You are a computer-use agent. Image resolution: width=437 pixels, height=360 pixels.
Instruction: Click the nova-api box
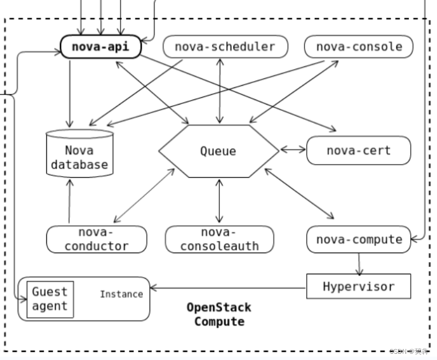coord(101,47)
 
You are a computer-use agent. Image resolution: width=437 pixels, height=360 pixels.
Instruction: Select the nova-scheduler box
coord(224,47)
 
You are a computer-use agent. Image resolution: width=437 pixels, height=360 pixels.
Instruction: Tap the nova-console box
coord(359,47)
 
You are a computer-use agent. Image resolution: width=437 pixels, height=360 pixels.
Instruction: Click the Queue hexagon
coord(218,151)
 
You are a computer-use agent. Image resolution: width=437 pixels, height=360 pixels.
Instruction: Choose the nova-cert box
coord(358,151)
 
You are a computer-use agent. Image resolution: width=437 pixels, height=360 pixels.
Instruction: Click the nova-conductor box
coord(97,239)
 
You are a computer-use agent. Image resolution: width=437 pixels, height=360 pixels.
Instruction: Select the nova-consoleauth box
coord(219,239)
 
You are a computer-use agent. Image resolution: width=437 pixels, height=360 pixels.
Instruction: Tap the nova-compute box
coord(358,239)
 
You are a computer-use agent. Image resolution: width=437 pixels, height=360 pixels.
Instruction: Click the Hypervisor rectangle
coord(358,286)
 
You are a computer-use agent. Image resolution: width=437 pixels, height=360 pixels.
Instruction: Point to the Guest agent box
coord(50,299)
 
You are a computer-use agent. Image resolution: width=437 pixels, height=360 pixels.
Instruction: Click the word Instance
coord(121,294)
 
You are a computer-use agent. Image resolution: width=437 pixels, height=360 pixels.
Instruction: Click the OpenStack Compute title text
coord(219,314)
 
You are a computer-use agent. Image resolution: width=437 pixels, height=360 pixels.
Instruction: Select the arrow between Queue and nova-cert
coord(293,150)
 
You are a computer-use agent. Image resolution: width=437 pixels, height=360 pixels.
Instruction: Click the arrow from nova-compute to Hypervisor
coord(359,263)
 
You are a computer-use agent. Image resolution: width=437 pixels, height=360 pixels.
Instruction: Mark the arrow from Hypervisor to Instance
coord(228,287)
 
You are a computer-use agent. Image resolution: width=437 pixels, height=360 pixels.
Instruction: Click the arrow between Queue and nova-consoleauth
coord(219,201)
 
